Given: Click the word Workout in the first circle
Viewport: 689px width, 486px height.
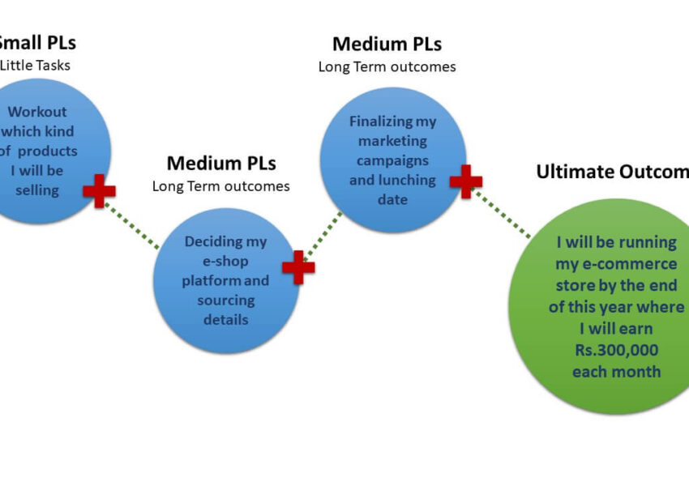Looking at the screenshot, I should pos(37,112).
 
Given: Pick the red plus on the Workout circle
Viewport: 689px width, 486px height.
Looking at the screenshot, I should pos(99,191).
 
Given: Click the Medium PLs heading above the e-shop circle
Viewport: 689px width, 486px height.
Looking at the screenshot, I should pos(221,163).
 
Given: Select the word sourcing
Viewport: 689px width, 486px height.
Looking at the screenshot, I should pos(226,300).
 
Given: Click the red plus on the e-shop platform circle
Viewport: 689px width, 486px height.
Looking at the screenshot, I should pos(298,267).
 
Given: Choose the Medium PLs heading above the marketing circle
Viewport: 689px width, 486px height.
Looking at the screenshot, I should pos(387,44).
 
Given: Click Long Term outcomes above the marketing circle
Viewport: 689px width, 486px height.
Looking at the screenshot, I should pos(387,67).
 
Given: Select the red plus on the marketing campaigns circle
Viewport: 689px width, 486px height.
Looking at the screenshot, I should pos(466,181).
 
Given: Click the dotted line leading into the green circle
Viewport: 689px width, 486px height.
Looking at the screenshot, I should pos(503,214).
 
